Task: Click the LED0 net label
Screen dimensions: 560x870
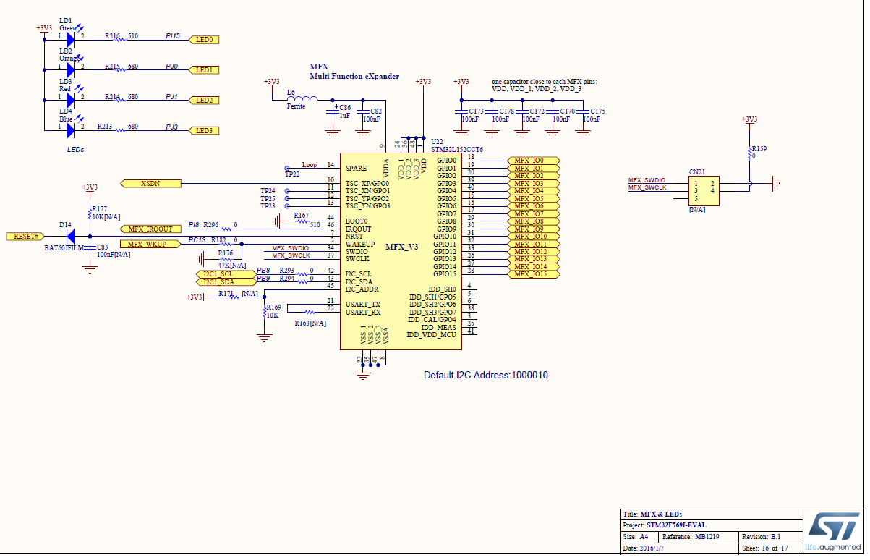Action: [x=203, y=40]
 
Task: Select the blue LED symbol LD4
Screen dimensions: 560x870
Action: [x=70, y=130]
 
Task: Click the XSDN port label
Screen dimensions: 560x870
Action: [x=150, y=184]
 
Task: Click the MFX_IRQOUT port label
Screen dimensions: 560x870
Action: [x=150, y=229]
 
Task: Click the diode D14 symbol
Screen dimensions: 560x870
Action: [x=69, y=236]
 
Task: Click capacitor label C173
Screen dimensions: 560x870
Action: [x=475, y=111]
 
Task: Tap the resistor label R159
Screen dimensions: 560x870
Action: [x=759, y=149]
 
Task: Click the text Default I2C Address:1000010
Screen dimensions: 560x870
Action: [x=485, y=376]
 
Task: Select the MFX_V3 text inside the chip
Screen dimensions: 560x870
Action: [x=401, y=247]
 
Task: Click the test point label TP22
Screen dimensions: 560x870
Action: [x=291, y=174]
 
